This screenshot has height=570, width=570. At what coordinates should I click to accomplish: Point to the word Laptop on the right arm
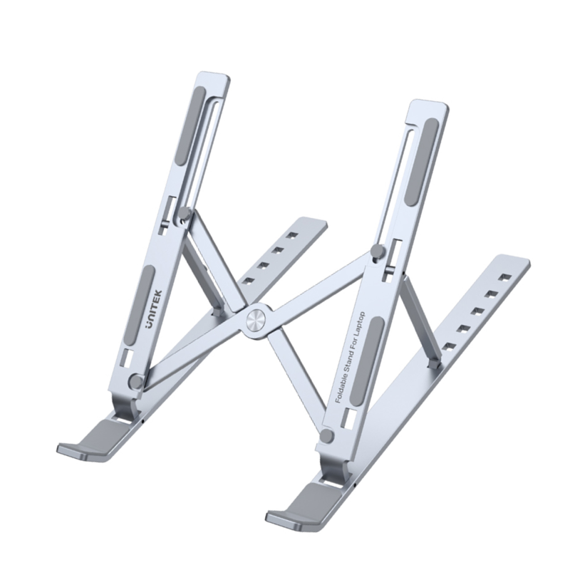click(x=361, y=325)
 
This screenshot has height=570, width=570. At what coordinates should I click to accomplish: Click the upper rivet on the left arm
click(x=185, y=213)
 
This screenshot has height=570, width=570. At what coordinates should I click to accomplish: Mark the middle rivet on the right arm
click(x=378, y=252)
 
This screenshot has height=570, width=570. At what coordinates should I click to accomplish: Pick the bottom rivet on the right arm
click(x=326, y=436)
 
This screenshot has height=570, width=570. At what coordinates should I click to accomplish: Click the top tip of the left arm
click(x=212, y=74)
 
